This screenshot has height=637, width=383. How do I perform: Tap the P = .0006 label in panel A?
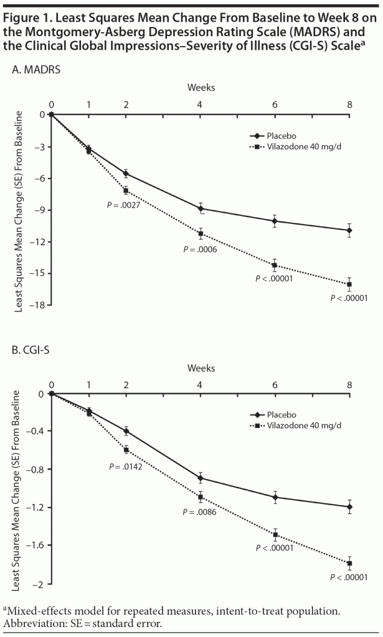(200, 249)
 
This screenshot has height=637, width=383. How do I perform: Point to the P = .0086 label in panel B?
(199, 513)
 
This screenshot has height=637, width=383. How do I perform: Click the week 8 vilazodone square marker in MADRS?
(349, 284)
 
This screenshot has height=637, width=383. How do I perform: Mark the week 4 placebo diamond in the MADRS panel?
(201, 208)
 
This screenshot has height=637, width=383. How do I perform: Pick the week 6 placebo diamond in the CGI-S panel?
(275, 497)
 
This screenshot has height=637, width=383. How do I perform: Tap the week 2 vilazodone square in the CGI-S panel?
(126, 450)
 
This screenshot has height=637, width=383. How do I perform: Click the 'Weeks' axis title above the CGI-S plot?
(201, 368)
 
